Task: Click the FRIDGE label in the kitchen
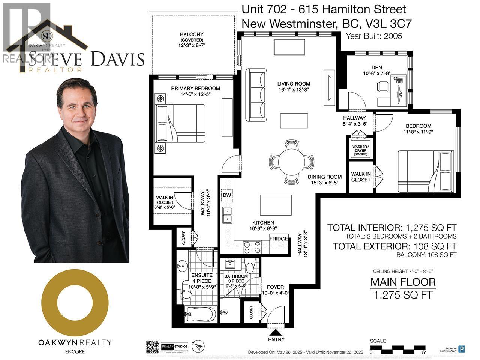(279, 238)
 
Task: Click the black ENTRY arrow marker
(276, 332)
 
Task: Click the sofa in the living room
(256, 95)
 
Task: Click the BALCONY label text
(191, 34)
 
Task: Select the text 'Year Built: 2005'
(374, 36)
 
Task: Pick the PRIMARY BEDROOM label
(195, 88)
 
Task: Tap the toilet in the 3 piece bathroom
(250, 267)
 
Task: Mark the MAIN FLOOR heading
(403, 282)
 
